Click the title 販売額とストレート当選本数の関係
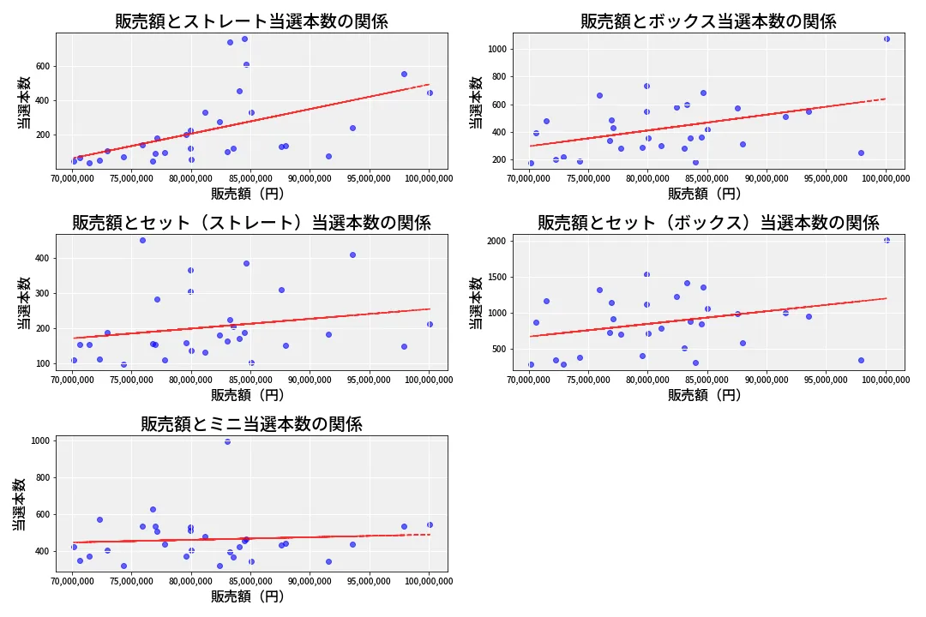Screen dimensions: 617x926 pyautogui.click(x=251, y=21)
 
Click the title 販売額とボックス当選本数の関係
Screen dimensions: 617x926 pyautogui.click(x=708, y=21)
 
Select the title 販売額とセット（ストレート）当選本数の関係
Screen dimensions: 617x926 pyautogui.click(x=251, y=223)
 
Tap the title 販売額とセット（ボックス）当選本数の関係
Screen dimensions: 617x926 pyautogui.click(x=708, y=223)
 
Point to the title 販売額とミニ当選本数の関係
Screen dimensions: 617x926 pyautogui.click(x=251, y=424)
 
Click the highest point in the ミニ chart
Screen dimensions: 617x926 pyautogui.click(x=227, y=441)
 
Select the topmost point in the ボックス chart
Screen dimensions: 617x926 pyautogui.click(x=887, y=39)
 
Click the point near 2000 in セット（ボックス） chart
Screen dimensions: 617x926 pyautogui.click(x=887, y=241)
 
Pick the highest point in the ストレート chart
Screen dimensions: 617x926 pyautogui.click(x=244, y=39)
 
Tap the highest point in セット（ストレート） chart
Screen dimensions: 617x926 pyautogui.click(x=142, y=240)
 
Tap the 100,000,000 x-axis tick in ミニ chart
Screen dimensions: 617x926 pyautogui.click(x=429, y=581)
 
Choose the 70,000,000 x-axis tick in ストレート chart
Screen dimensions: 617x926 pyautogui.click(x=73, y=177)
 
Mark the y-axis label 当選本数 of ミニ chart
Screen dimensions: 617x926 pyautogui.click(x=19, y=504)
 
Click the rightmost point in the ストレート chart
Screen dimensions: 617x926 pyautogui.click(x=430, y=93)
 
